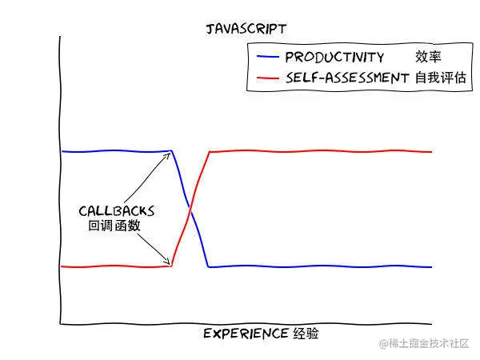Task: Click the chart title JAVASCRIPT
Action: point(246,29)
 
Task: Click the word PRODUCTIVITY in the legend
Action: point(334,58)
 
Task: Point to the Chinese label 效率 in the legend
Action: point(428,58)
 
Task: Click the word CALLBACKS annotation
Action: point(117,211)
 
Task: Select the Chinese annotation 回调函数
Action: point(114,226)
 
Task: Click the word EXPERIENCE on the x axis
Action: point(245,334)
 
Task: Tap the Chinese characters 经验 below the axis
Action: point(310,334)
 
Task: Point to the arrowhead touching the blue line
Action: point(169,154)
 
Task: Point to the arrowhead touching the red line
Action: point(169,262)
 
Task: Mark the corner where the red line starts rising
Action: point(172,265)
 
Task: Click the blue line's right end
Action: point(432,267)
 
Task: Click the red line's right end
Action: point(432,151)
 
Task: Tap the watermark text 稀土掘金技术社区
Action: point(424,343)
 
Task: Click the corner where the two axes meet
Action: point(61,324)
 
